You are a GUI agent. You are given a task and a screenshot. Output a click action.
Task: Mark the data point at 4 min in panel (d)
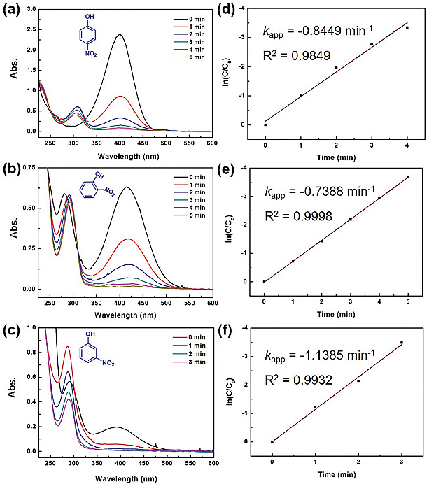[407, 27]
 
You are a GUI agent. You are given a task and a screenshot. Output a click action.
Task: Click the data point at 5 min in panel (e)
[407, 177]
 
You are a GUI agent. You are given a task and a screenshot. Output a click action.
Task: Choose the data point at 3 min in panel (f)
[401, 343]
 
